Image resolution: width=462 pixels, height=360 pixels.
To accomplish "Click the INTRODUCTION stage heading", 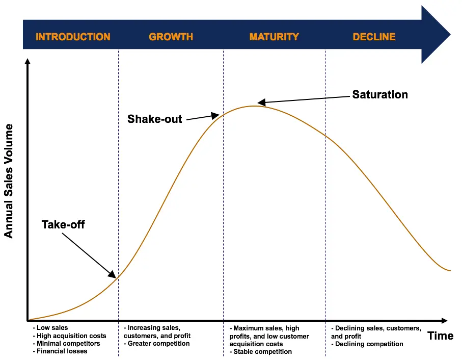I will click(x=73, y=37).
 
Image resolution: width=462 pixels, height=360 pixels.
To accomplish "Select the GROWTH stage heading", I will click(x=171, y=37).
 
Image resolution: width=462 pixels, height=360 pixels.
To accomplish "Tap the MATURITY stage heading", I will click(x=274, y=37).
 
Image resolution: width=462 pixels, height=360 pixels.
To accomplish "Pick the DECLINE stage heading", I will click(x=374, y=37).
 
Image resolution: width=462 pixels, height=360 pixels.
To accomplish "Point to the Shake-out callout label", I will click(x=154, y=119).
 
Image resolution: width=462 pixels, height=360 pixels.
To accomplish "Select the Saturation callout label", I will click(x=380, y=95).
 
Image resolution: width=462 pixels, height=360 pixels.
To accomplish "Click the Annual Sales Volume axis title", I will click(x=9, y=181).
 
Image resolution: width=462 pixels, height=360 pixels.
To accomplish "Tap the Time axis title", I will click(x=441, y=336).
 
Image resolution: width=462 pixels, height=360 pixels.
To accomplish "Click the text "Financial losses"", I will click(x=62, y=351).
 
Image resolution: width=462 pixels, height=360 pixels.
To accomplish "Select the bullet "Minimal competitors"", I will click(x=68, y=344).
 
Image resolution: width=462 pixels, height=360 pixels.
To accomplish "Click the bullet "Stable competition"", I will click(x=262, y=351).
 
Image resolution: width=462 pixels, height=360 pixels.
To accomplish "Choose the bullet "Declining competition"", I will click(x=368, y=344).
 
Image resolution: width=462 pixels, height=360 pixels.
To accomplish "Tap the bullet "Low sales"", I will click(x=52, y=328).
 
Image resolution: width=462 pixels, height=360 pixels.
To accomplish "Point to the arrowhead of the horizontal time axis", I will click(x=445, y=320).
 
